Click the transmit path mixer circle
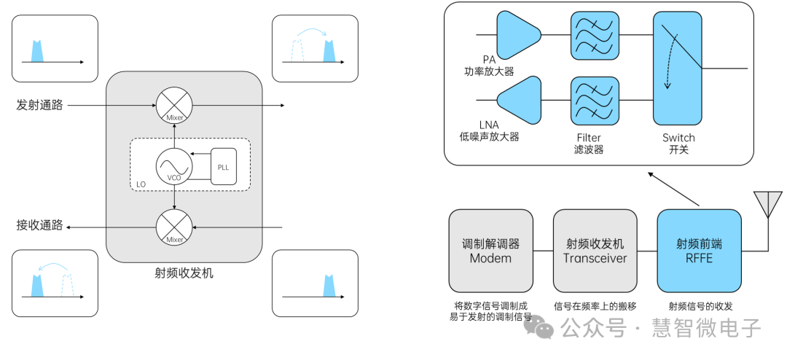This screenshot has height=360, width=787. tap(174, 105)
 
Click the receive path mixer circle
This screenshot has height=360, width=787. tap(174, 227)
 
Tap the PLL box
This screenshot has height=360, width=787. tap(223, 166)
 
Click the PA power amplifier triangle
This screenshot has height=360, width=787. tap(518, 34)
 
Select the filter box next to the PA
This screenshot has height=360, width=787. tap(592, 34)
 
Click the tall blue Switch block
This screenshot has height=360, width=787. tap(677, 68)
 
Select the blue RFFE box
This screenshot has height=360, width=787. tap(699, 251)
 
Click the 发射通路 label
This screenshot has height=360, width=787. tap(39, 105)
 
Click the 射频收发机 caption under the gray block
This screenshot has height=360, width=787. tap(184, 273)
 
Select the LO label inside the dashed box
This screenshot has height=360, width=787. tap(141, 185)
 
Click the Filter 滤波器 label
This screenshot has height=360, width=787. tap(589, 144)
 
